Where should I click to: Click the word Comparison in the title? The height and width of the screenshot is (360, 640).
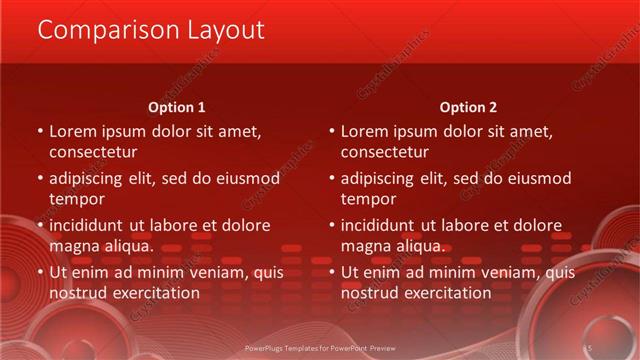pos(97,31)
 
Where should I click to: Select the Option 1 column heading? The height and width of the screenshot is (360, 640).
pos(177,107)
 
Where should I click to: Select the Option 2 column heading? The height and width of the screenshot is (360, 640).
pos(468,107)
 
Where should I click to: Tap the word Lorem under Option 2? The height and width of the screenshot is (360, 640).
pos(365,131)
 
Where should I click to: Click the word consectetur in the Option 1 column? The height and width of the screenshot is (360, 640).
pos(93,153)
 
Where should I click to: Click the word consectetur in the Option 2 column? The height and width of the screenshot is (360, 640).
pos(385,153)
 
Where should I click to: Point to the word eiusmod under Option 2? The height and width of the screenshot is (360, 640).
pos(537,178)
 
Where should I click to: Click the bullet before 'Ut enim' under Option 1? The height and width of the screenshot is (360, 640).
pos(40,272)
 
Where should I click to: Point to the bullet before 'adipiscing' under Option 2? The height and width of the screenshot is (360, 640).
pos(332,179)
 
